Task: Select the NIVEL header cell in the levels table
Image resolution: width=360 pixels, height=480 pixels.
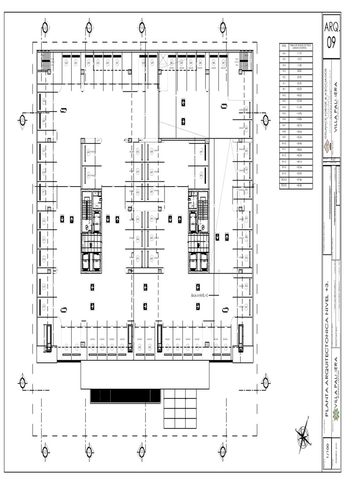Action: [284, 46]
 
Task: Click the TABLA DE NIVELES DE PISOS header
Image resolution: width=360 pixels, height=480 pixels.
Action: [299, 46]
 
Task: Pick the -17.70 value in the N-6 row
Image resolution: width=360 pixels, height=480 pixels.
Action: [299, 54]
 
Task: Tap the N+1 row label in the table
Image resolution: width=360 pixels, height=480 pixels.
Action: [284, 89]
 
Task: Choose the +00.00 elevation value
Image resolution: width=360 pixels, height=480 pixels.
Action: [299, 89]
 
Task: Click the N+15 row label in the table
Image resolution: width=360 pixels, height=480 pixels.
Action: [284, 173]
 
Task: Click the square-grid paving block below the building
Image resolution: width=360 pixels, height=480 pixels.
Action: [180, 408]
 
